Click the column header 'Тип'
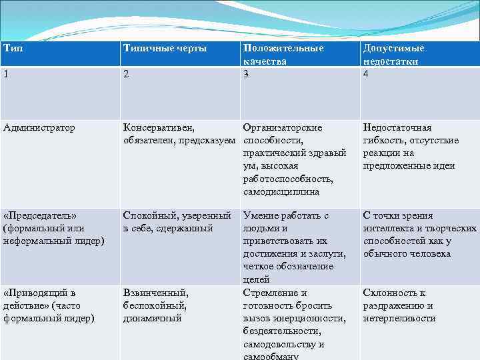coord(11,49)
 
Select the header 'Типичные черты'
coord(165,49)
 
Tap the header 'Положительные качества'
coord(283,55)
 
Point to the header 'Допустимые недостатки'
coord(393,55)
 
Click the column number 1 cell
coord(7,75)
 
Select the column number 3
coord(247,74)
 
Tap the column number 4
coord(366,74)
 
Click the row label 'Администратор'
coord(39,127)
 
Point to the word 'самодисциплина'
coord(281,192)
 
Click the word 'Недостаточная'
coord(397,127)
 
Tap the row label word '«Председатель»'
coord(40,215)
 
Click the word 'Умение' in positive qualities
coord(260,215)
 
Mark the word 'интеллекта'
coord(387,229)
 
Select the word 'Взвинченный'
coord(155,293)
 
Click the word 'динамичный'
coord(153,319)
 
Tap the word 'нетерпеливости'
coord(399,319)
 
